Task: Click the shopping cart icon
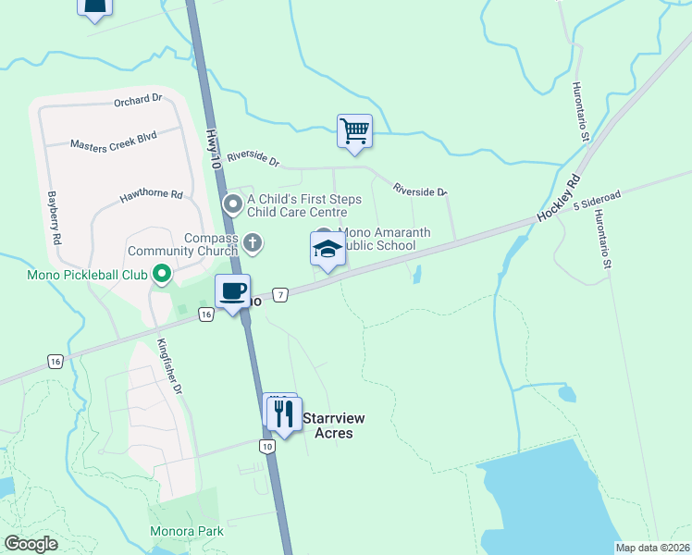(354, 130)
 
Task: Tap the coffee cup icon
(233, 291)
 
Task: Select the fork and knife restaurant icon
(284, 412)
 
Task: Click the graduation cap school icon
(327, 248)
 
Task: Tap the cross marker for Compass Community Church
(253, 242)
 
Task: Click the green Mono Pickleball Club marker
(162, 273)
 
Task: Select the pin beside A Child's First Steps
(234, 202)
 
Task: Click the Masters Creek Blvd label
(113, 140)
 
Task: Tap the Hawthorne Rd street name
(152, 196)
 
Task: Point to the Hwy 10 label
(214, 149)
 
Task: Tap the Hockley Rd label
(558, 198)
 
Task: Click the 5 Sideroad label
(596, 199)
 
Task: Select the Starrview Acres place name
(334, 425)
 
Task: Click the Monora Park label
(187, 532)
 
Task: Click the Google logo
(31, 544)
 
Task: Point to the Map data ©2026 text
(652, 548)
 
